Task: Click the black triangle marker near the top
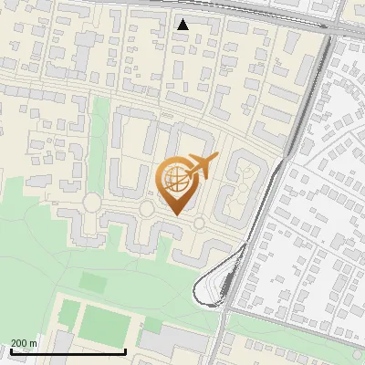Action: click(x=183, y=25)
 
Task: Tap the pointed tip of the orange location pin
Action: click(x=177, y=215)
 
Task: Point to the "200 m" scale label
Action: click(x=24, y=343)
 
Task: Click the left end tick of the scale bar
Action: click(x=11, y=350)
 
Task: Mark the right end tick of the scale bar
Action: click(x=125, y=350)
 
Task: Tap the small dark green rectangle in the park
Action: click(x=91, y=281)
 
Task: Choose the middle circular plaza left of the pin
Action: click(x=146, y=209)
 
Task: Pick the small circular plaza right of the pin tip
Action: click(x=199, y=223)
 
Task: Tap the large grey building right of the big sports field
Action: click(x=173, y=342)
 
